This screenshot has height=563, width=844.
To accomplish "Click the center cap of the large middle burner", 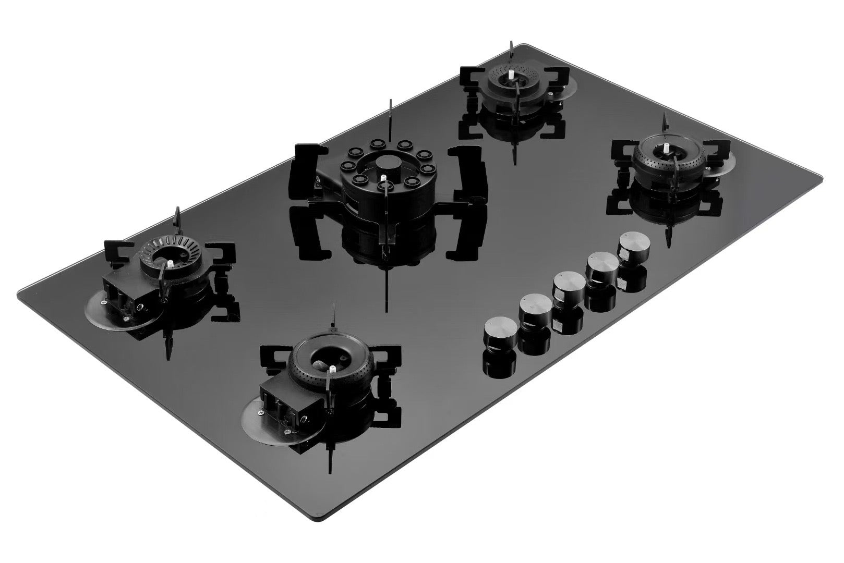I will coord(387,163).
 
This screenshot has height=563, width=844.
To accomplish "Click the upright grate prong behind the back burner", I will coord(511,53).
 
